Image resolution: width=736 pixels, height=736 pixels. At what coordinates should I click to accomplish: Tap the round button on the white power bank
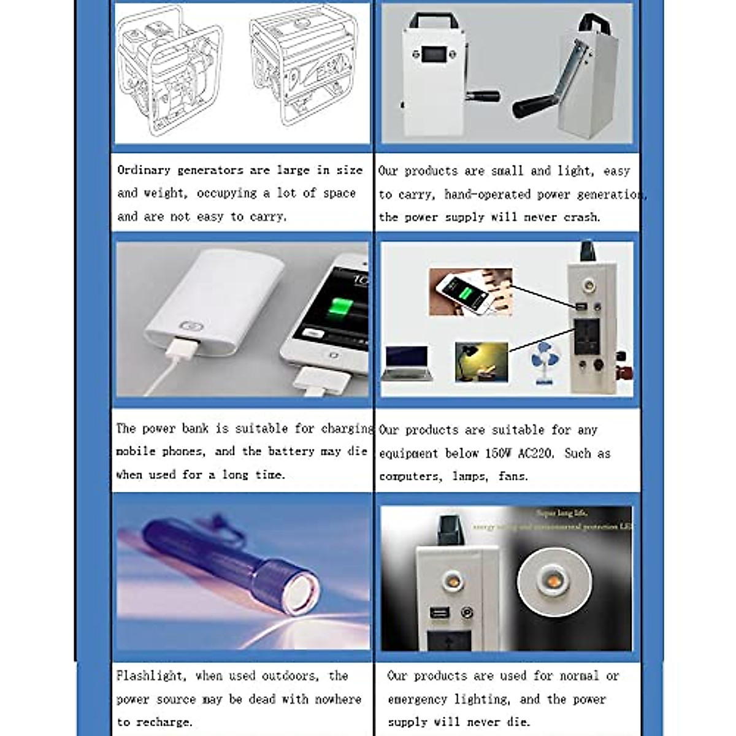pyautogui.click(x=186, y=327)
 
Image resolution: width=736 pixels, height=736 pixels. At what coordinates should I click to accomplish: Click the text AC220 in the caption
pyautogui.click(x=536, y=454)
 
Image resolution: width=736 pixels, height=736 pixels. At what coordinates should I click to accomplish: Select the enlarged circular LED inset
pyautogui.click(x=553, y=580)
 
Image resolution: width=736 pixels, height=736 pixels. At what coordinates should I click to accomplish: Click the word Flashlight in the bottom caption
pyautogui.click(x=151, y=676)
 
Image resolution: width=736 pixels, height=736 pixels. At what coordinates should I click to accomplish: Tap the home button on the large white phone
pyautogui.click(x=333, y=355)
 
